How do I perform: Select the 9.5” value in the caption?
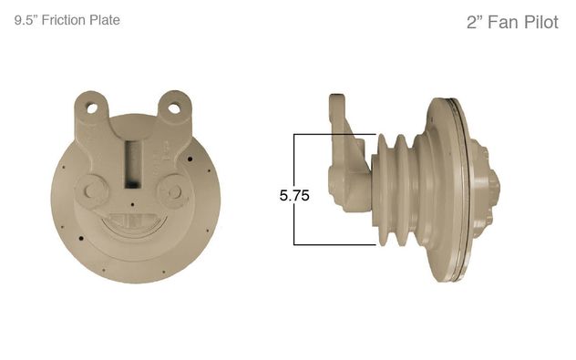point(26,20)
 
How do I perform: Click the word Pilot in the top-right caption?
point(541,22)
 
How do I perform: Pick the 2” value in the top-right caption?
point(475,22)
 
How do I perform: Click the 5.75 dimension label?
point(294,195)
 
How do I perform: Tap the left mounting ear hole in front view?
point(92,108)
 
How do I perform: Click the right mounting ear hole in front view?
point(174,108)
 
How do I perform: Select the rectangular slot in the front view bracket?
point(133,164)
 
